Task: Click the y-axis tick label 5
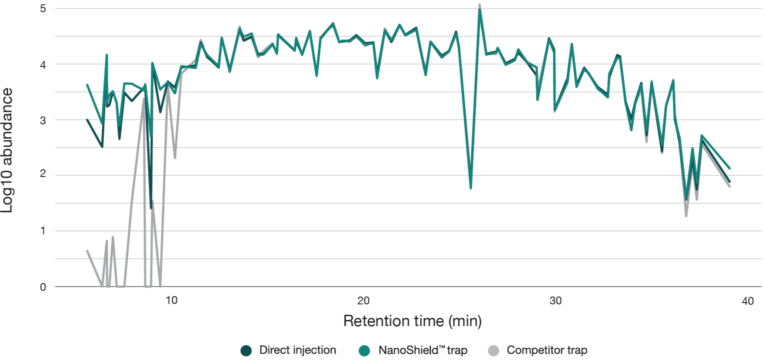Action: pyautogui.click(x=43, y=9)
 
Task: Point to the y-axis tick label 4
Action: pyautogui.click(x=43, y=65)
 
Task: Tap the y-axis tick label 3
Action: pyautogui.click(x=43, y=120)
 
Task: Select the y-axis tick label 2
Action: pyautogui.click(x=43, y=173)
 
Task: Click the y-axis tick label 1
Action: pyautogui.click(x=43, y=230)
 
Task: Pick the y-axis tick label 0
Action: pyautogui.click(x=43, y=287)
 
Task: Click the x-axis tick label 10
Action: pyautogui.click(x=172, y=300)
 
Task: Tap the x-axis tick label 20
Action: pyautogui.click(x=363, y=300)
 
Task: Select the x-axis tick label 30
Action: pyautogui.click(x=555, y=300)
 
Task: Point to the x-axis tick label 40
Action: pyautogui.click(x=748, y=301)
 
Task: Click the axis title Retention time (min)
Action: pyautogui.click(x=412, y=321)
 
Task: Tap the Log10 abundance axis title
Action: pyautogui.click(x=7, y=150)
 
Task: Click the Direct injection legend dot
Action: pyautogui.click(x=246, y=350)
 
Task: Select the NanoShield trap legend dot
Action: pyautogui.click(x=364, y=350)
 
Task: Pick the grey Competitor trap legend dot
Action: pyautogui.click(x=493, y=350)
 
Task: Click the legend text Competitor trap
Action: pyautogui.click(x=547, y=350)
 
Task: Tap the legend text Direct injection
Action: pyautogui.click(x=298, y=350)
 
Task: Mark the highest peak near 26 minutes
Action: pyautogui.click(x=479, y=6)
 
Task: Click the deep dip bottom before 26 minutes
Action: pyautogui.click(x=471, y=188)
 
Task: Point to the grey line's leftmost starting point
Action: pyautogui.click(x=87, y=251)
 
